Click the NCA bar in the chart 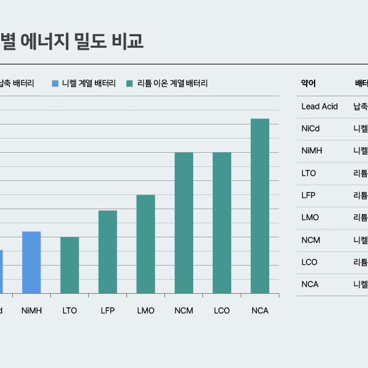coord(260,206)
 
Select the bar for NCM coord(184,223)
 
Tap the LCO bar coord(222,223)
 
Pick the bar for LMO coord(145,244)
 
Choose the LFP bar coord(107,252)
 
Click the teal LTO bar coord(69,265)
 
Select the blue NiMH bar coord(31,263)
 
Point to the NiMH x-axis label coord(31,311)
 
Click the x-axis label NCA coord(260,311)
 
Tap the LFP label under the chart coord(107,311)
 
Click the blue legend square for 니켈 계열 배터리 coord(55,83)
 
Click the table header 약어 coord(309,84)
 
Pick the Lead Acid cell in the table coord(320,107)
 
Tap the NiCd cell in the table coord(311,129)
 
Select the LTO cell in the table coord(309,173)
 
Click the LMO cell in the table coord(310,218)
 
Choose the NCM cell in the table coord(311,240)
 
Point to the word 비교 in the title coord(128,40)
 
